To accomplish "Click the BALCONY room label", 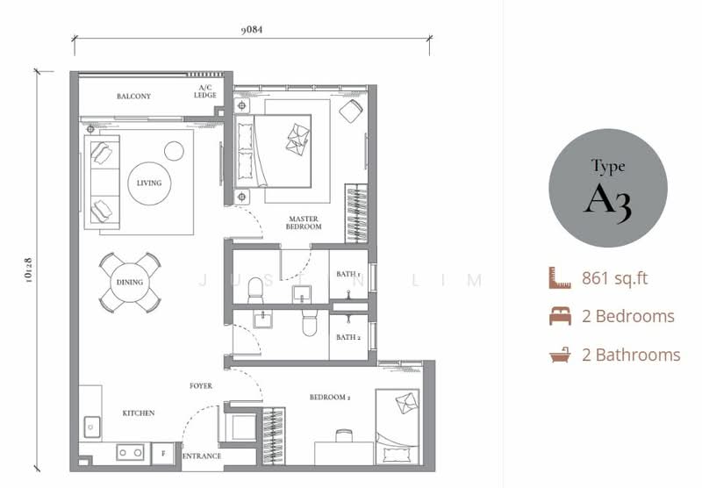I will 134,97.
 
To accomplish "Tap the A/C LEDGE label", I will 205,92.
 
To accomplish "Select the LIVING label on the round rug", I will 149,183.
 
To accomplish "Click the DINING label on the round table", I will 130,282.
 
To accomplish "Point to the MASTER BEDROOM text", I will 304,223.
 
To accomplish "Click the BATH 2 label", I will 348,337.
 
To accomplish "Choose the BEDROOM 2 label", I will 330,398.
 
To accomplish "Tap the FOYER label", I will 201,385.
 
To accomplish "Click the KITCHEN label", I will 139,413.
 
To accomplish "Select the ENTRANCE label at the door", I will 202,456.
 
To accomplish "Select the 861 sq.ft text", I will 615,279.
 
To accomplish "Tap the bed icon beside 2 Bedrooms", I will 560,317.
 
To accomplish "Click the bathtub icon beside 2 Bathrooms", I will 560,355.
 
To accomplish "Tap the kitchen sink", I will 90,427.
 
